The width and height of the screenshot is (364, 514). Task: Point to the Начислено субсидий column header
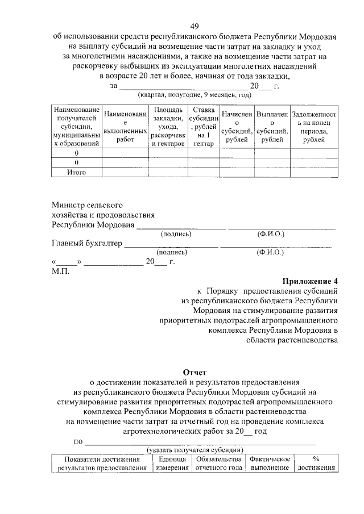[x=237, y=127]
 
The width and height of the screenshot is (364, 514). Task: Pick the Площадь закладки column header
[x=168, y=127]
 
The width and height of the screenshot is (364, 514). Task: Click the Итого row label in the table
[x=76, y=172]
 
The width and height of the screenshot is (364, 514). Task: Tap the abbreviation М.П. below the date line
[x=60, y=271]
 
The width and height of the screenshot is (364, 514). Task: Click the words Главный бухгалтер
[x=86, y=244]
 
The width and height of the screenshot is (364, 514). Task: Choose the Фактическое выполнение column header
[x=270, y=463]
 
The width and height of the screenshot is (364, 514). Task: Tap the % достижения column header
[x=316, y=463]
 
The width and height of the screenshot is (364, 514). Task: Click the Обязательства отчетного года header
[x=219, y=463]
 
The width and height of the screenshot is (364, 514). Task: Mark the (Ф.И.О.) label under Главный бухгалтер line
[x=270, y=252]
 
